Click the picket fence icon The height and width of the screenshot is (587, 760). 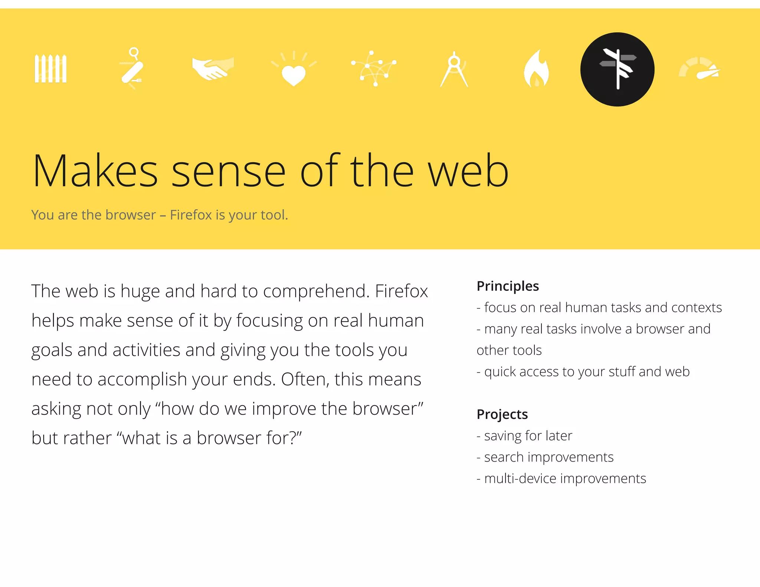point(50,69)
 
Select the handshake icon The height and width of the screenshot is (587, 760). point(213,68)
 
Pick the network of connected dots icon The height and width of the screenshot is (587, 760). point(374,69)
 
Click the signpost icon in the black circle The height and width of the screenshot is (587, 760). point(617,69)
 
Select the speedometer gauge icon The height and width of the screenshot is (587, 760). point(699,69)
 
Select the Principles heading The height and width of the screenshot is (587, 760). point(508,286)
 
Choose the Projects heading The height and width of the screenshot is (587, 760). point(502,414)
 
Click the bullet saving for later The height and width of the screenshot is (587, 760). point(528,436)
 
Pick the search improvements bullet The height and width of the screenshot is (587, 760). point(548,457)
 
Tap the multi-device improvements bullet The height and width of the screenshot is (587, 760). point(565,479)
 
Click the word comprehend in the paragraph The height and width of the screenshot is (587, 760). point(317,292)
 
